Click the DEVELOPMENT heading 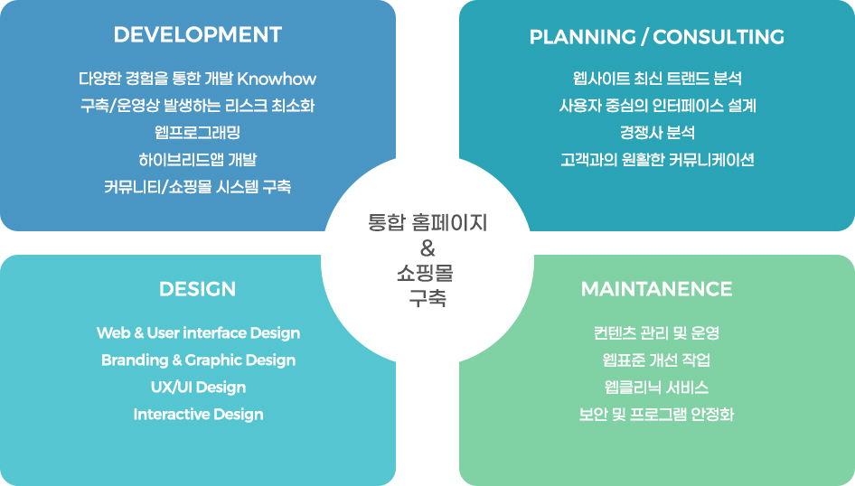pyautogui.click(x=197, y=35)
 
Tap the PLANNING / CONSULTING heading pyautogui.click(x=657, y=37)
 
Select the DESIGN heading pyautogui.click(x=197, y=289)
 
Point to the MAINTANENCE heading pyautogui.click(x=656, y=289)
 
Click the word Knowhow pyautogui.click(x=277, y=79)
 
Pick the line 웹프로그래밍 pyautogui.click(x=197, y=133)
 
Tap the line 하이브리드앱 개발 pyautogui.click(x=197, y=160)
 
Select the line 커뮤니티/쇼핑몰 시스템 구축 pyautogui.click(x=197, y=187)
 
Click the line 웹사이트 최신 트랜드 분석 pyautogui.click(x=657, y=78)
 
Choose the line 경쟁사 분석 pyautogui.click(x=657, y=133)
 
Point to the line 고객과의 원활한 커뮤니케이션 pyautogui.click(x=657, y=160)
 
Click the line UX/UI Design pyautogui.click(x=199, y=388)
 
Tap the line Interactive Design pyautogui.click(x=199, y=415)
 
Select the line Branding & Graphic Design pyautogui.click(x=199, y=360)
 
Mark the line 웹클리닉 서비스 pyautogui.click(x=656, y=388)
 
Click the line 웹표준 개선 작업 pyautogui.click(x=656, y=360)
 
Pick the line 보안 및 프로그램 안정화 pyautogui.click(x=656, y=415)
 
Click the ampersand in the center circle pyautogui.click(x=427, y=248)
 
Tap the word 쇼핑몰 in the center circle pyautogui.click(x=426, y=273)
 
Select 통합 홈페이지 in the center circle pyautogui.click(x=427, y=223)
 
